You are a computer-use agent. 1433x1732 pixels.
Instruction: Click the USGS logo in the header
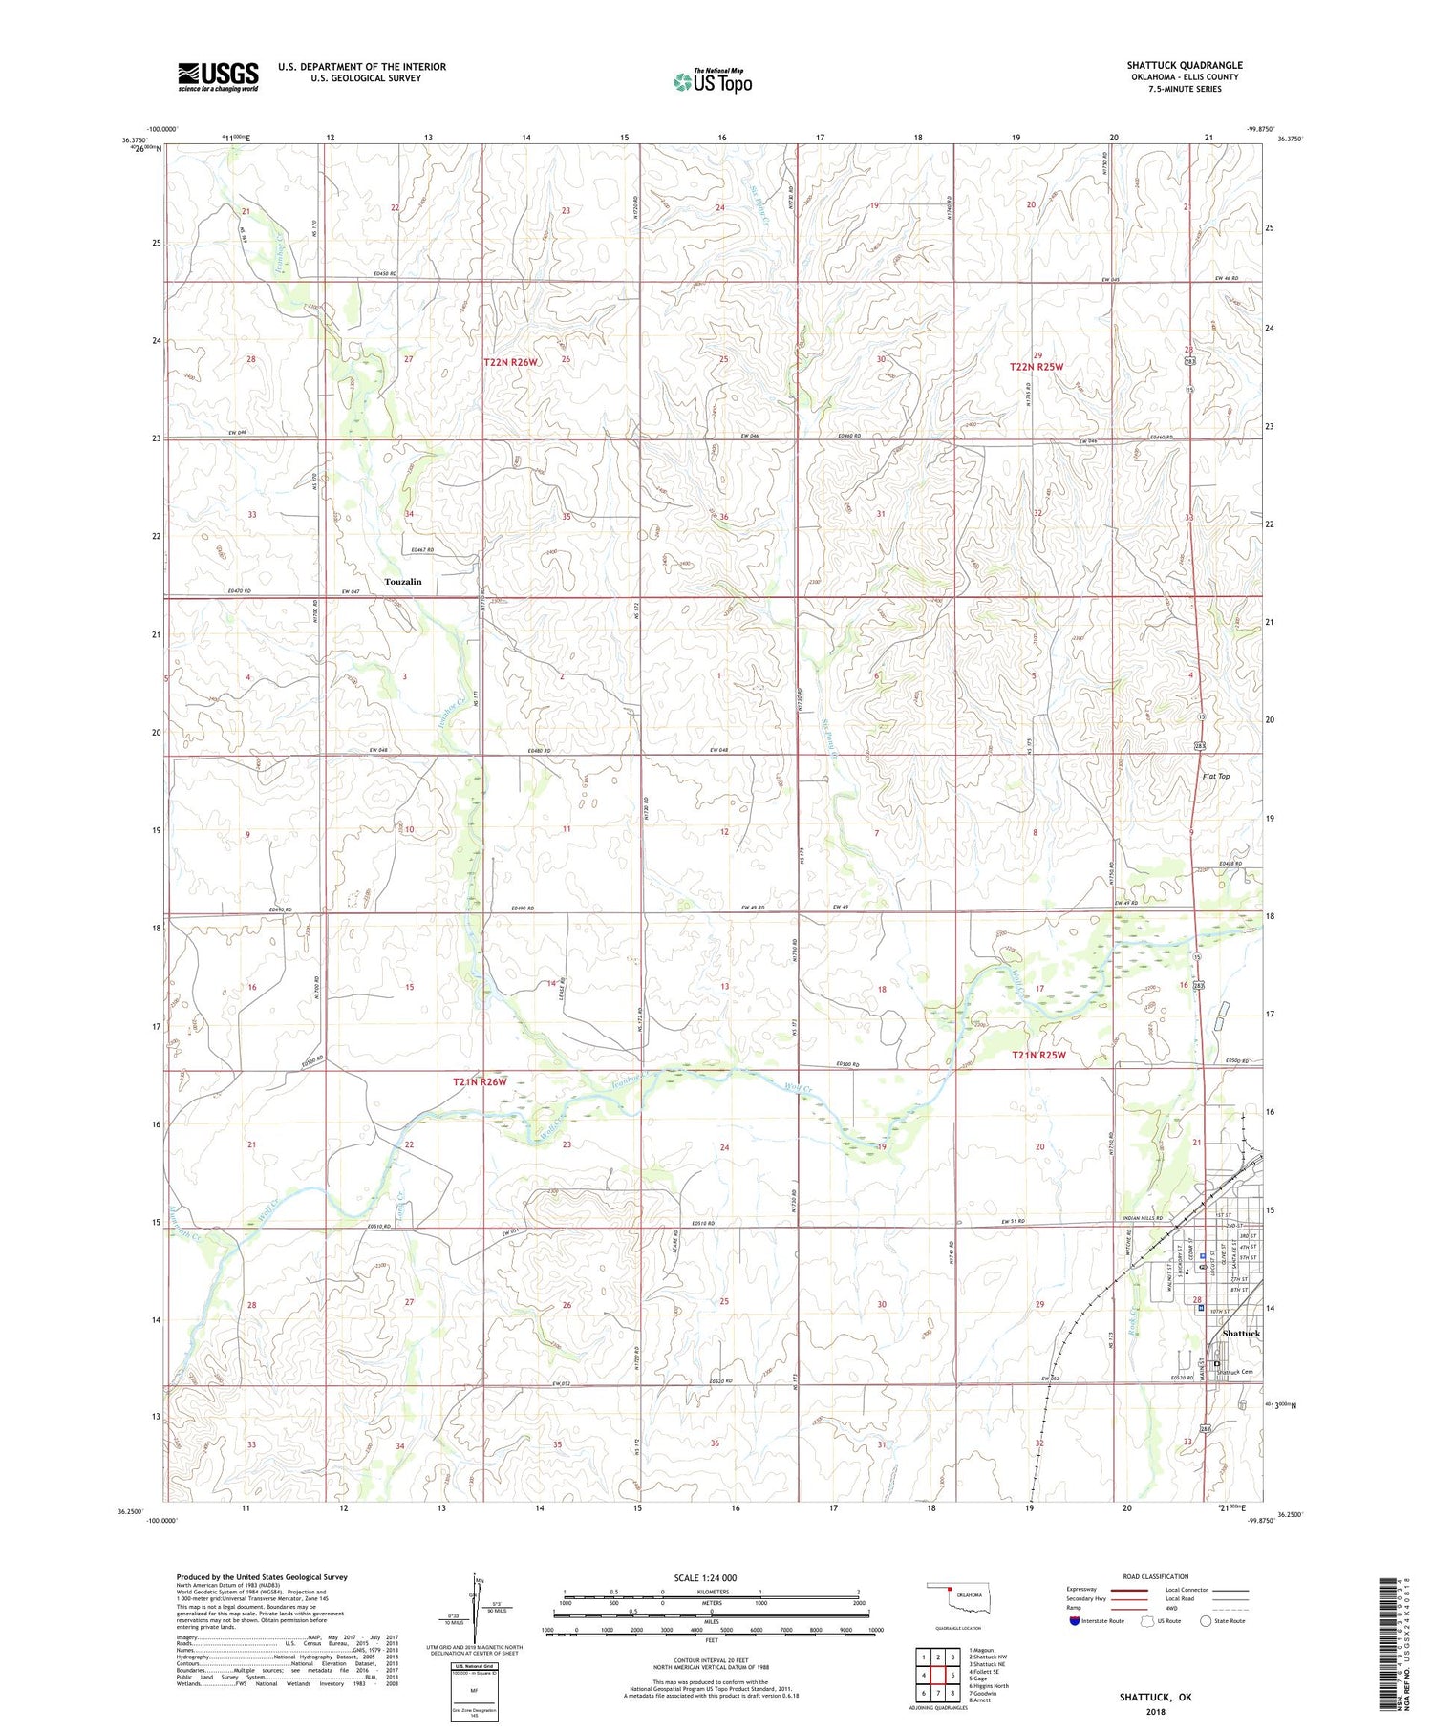click(218, 76)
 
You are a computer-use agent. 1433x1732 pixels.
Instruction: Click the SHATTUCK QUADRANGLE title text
click(1185, 65)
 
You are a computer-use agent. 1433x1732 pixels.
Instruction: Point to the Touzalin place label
click(402, 581)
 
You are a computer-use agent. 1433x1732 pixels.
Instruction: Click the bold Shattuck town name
click(1241, 1333)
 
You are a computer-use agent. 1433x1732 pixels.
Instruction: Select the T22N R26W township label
click(511, 362)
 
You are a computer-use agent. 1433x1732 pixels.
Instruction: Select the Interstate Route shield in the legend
click(1075, 1620)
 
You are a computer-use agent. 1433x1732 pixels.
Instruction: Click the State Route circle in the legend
click(1206, 1620)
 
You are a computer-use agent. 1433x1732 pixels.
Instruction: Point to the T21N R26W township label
click(480, 1081)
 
